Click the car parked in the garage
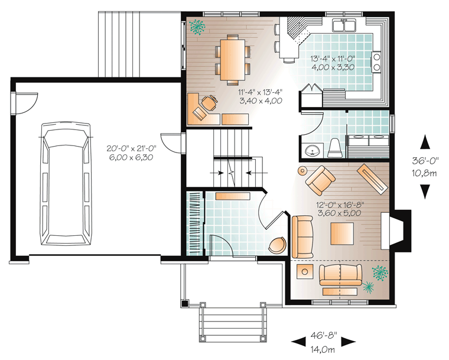pos(66,184)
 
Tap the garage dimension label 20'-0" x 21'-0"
pos(131,148)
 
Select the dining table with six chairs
pos(232,60)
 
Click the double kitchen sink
pos(344,25)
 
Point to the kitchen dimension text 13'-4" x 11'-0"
pos(333,59)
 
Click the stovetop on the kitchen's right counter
pos(376,62)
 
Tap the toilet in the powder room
pos(335,148)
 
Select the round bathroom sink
pos(312,151)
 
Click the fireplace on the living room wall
pos(396,231)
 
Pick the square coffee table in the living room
pos(342,233)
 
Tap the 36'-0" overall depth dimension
pos(425,161)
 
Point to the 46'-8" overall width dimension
pos(324,335)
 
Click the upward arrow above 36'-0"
pos(425,142)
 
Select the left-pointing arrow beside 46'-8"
pos(298,341)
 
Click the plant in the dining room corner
pos(197,27)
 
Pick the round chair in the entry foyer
pos(277,245)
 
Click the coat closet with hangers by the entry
pos(196,223)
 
